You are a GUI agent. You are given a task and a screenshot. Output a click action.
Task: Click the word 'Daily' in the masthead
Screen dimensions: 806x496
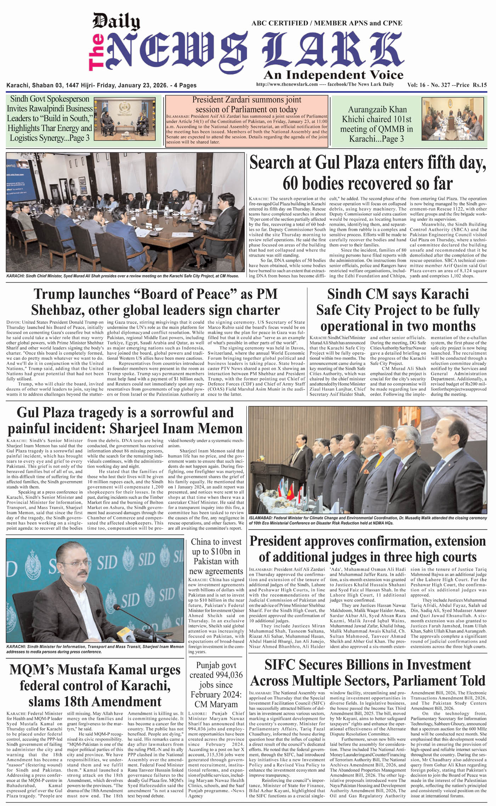(x=116, y=22)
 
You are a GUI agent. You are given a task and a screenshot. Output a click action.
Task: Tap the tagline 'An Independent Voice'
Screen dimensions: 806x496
(x=333, y=75)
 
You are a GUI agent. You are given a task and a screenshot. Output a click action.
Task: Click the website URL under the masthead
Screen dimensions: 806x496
(x=287, y=84)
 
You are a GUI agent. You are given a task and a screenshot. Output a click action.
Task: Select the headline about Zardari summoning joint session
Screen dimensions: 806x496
(x=247, y=105)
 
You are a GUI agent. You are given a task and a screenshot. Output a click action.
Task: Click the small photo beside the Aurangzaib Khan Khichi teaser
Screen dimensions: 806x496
(x=452, y=119)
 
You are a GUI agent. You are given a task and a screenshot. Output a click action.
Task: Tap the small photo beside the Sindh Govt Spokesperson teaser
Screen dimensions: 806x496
(x=124, y=118)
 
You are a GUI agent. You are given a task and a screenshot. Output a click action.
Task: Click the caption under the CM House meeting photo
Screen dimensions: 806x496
(x=123, y=275)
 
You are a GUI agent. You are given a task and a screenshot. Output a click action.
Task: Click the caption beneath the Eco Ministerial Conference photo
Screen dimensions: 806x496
(x=368, y=520)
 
